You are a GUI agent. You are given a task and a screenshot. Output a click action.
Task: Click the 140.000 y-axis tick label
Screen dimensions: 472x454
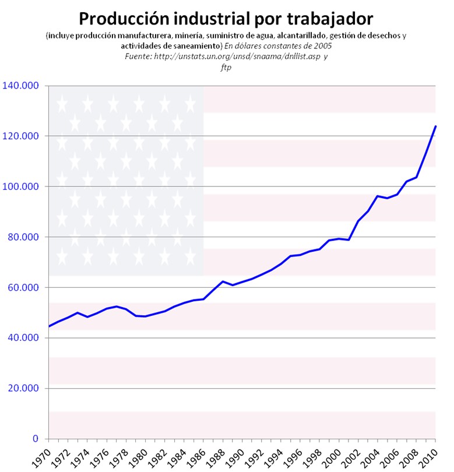[x=20, y=86]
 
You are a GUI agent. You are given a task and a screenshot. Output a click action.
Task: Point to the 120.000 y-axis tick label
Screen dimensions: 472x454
[x=20, y=136]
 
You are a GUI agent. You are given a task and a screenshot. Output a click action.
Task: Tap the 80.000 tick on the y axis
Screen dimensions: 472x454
[x=23, y=237]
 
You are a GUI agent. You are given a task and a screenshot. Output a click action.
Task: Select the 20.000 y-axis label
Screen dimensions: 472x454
[x=23, y=389]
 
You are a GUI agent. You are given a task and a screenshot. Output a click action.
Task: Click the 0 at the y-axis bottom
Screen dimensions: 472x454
[x=36, y=439]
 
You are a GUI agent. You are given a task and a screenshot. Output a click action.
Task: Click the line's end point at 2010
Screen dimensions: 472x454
[x=435, y=126]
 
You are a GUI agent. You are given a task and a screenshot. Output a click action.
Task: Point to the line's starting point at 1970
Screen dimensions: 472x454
[x=49, y=326]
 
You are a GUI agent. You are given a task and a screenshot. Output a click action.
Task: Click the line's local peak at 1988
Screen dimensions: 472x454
[x=223, y=281]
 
